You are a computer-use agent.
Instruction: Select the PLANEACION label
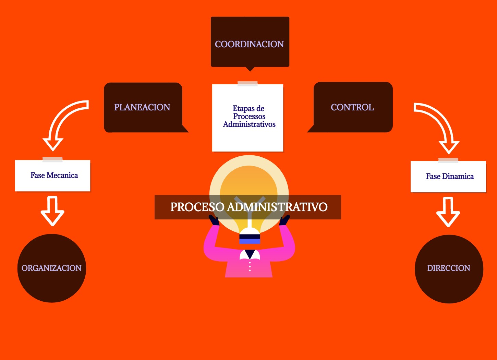142,107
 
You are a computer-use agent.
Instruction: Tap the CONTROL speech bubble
352,107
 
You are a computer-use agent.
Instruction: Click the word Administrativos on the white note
249,124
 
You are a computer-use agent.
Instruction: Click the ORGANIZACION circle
51,268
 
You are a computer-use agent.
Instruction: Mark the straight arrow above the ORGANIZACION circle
52,211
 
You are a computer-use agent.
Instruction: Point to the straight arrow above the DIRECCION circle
448,211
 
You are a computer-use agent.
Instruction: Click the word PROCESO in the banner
197,207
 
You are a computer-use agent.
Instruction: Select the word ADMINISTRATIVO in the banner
277,207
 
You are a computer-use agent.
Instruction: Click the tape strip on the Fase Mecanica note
52,159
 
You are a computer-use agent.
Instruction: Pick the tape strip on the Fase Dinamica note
448,160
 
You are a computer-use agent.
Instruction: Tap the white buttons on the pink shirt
250,266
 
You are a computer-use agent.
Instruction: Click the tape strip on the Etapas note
247,84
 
